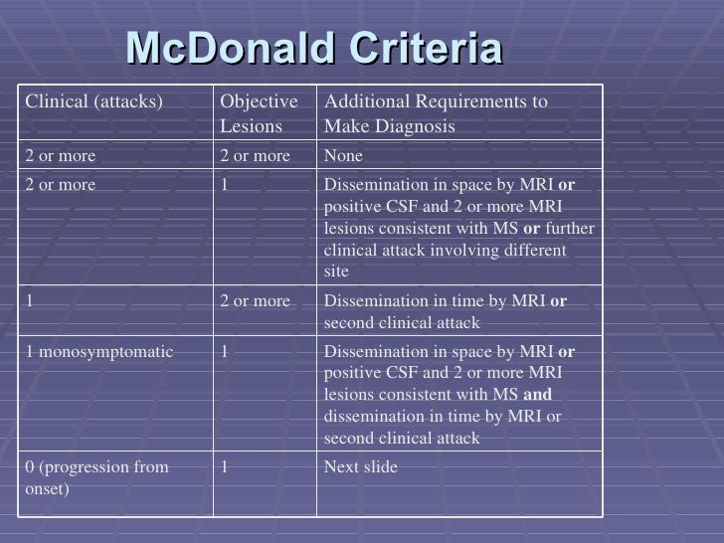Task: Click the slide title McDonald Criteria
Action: pos(314,49)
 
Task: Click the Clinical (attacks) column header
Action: pos(94,101)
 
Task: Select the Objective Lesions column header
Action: pos(259,114)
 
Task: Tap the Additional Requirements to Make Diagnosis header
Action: pos(436,114)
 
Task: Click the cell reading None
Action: pos(344,156)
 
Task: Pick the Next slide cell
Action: pos(361,467)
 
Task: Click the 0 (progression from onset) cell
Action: pos(96,478)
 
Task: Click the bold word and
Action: pos(537,395)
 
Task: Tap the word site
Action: pos(337,271)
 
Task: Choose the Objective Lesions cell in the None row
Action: pos(255,156)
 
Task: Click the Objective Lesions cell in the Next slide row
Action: pos(225,467)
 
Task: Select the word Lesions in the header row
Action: pos(249,127)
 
